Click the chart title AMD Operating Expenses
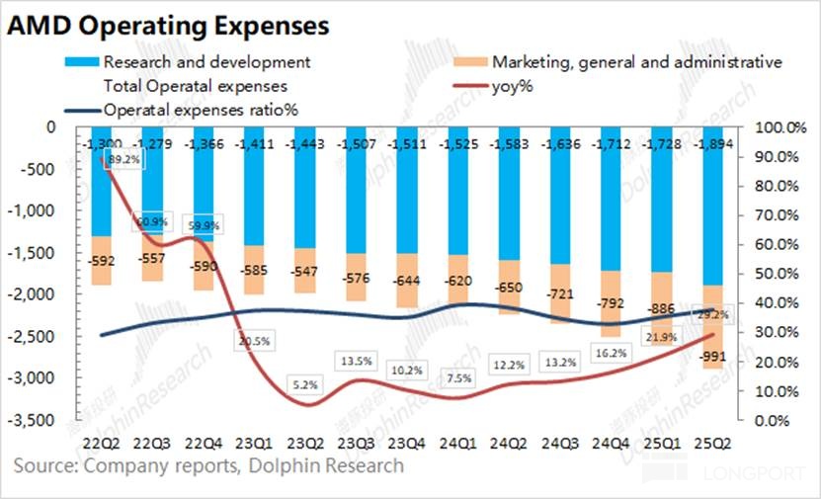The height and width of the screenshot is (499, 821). click(x=168, y=22)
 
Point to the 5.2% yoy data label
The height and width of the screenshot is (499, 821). click(x=306, y=385)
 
